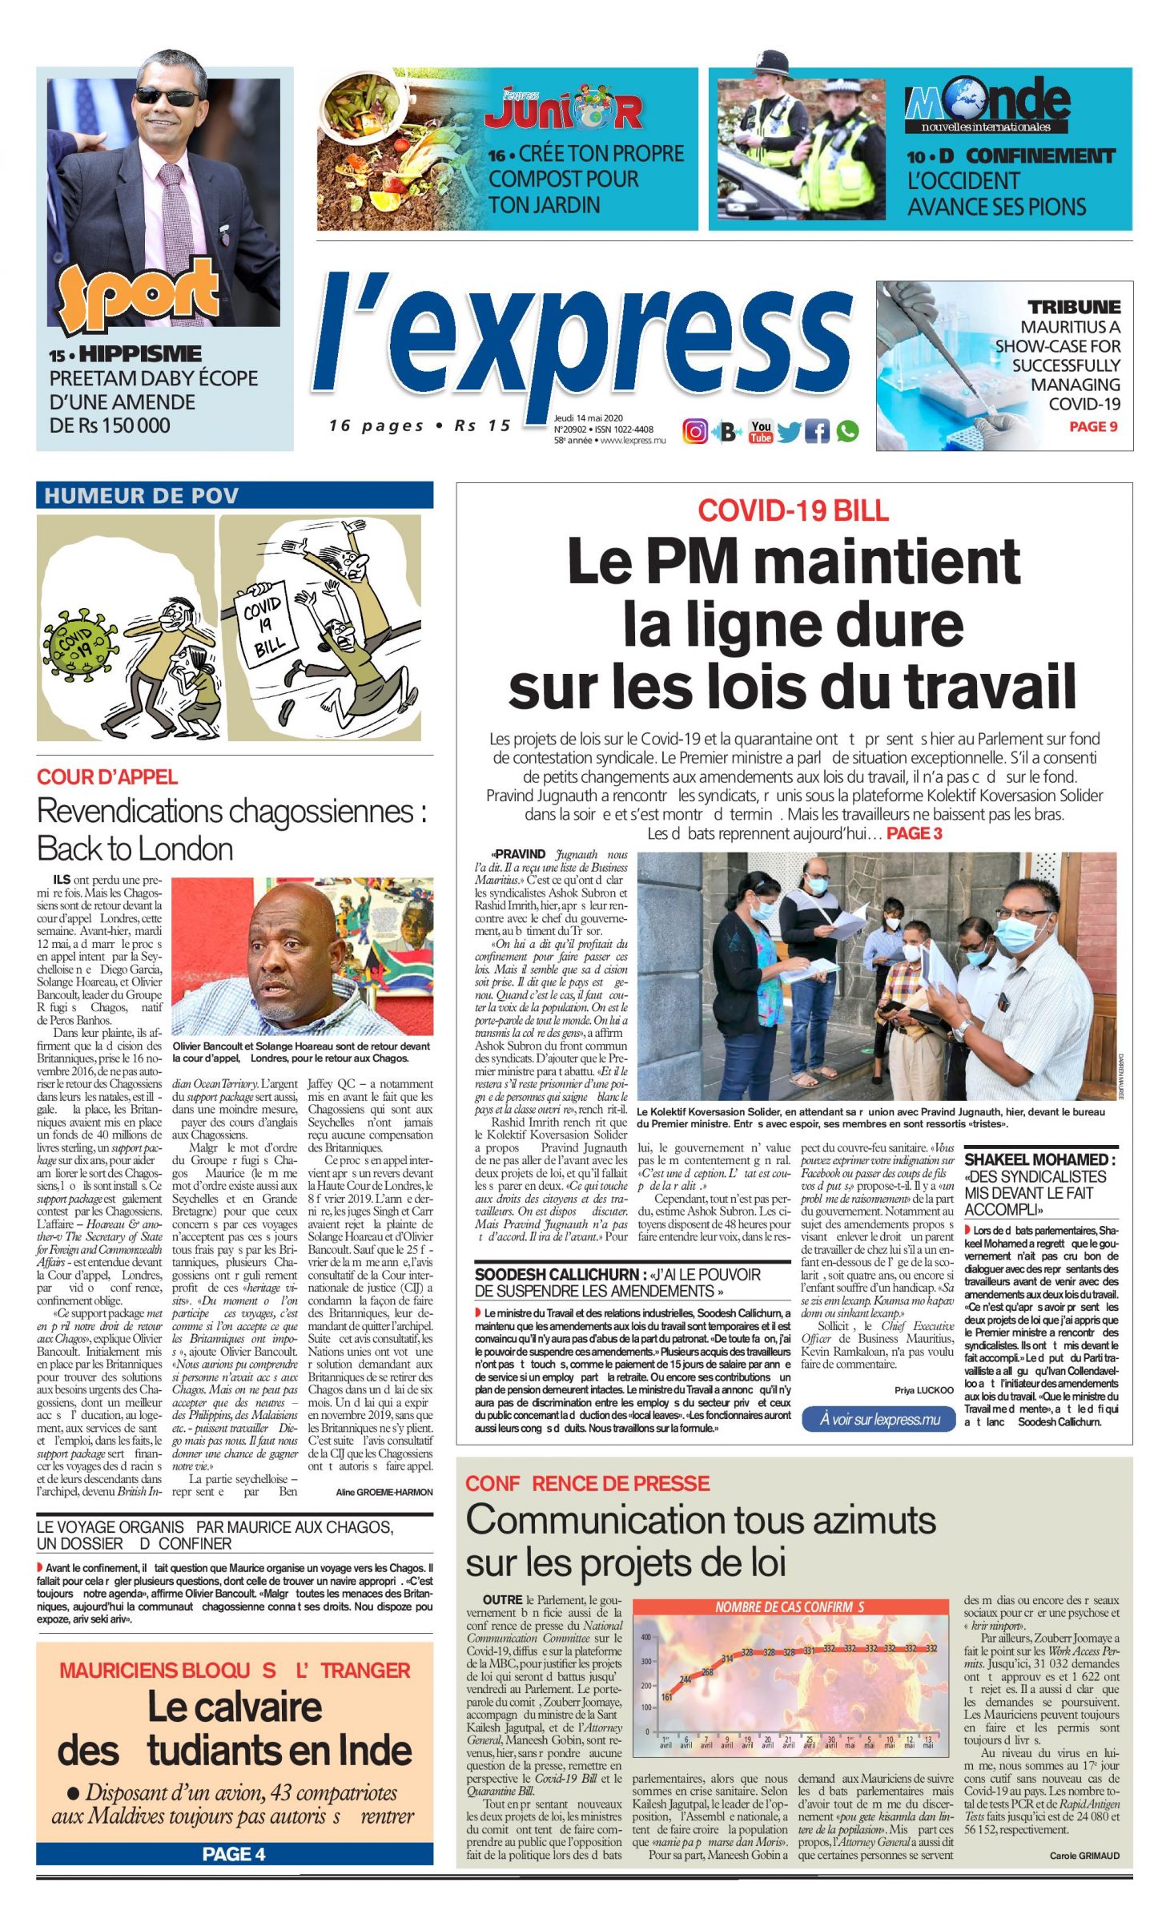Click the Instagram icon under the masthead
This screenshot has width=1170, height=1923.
pos(694,432)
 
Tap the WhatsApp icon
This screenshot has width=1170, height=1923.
pos(847,432)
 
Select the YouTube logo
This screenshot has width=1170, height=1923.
pos(760,432)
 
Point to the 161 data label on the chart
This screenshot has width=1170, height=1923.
pos(667,1697)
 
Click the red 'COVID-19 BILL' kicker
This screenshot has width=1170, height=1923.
pos(793,510)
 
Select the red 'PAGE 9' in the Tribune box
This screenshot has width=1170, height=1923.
pos(1093,427)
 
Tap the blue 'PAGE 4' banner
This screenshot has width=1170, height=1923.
pos(234,1854)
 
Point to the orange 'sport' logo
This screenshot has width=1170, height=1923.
pos(138,292)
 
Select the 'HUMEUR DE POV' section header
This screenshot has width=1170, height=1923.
pos(142,496)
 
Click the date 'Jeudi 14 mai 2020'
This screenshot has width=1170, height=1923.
pos(588,418)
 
